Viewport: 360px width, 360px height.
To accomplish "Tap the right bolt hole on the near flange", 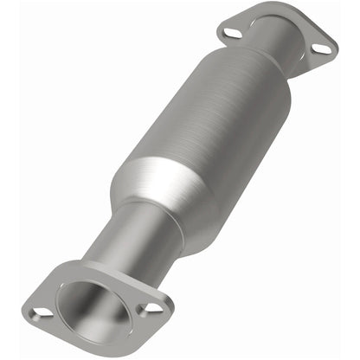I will (152, 307).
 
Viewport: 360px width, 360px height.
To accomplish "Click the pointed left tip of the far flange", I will (218, 31).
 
